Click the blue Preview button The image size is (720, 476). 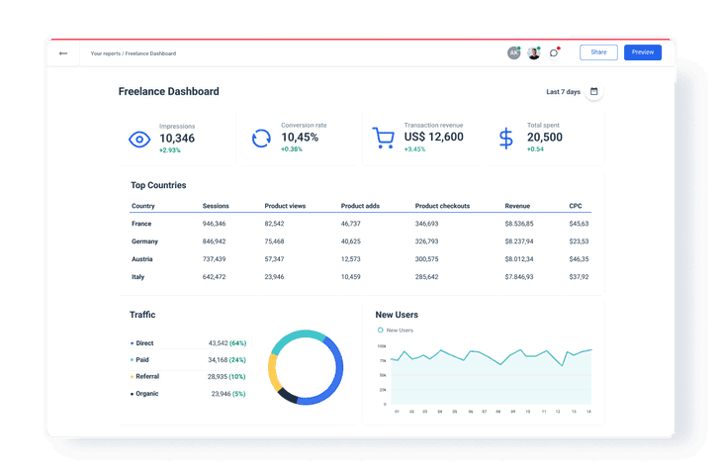point(642,52)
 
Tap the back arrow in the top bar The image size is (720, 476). point(63,53)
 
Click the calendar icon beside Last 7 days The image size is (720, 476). point(593,92)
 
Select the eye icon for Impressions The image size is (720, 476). point(139,139)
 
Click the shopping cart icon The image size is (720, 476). point(384,139)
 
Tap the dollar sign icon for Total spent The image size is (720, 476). point(506,139)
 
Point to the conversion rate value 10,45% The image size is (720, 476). point(300,138)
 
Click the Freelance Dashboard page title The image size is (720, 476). point(168,92)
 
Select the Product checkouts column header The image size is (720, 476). point(442,206)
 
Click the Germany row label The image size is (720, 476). point(145,241)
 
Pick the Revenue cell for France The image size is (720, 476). point(518,224)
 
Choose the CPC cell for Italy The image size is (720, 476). point(579,277)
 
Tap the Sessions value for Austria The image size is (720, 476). point(214,259)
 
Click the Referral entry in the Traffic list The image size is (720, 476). point(146,377)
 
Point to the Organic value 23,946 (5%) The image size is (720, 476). point(228,394)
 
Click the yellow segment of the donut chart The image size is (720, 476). point(273,370)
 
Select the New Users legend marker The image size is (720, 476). point(380,331)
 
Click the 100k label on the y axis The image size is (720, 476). point(382,346)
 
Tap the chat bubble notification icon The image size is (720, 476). point(554,52)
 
